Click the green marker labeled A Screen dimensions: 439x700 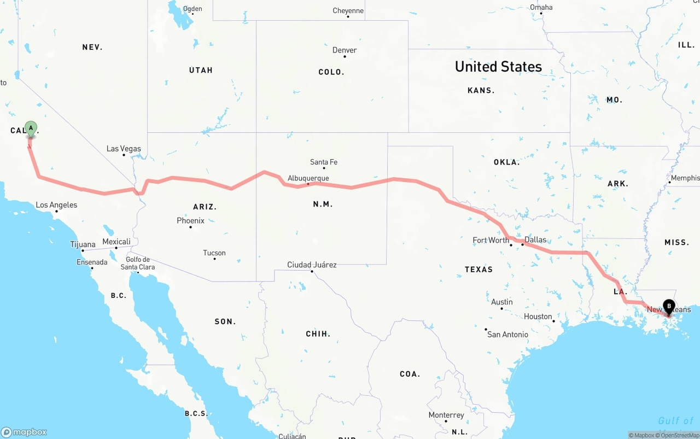click(x=31, y=129)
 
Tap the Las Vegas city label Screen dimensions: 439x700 click(x=124, y=149)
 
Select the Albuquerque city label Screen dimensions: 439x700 click(x=308, y=178)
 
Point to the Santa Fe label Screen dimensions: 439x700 click(x=324, y=162)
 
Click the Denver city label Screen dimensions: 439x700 click(x=345, y=50)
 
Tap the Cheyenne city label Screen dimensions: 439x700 click(x=348, y=11)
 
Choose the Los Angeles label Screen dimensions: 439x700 click(x=56, y=205)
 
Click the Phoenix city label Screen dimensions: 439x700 click(x=190, y=221)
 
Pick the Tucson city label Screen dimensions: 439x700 click(x=214, y=253)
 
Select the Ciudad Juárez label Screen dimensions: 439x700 click(x=312, y=265)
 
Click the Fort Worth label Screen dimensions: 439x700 click(x=491, y=240)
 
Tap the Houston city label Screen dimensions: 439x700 click(x=538, y=317)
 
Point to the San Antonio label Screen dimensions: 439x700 click(x=507, y=335)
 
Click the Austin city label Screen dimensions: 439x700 click(x=502, y=302)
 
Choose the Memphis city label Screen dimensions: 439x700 click(x=685, y=178)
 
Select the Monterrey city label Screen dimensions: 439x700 click(x=446, y=415)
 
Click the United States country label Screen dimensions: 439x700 click(x=498, y=67)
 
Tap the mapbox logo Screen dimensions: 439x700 click(x=24, y=432)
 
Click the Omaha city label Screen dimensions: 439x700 click(x=541, y=8)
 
